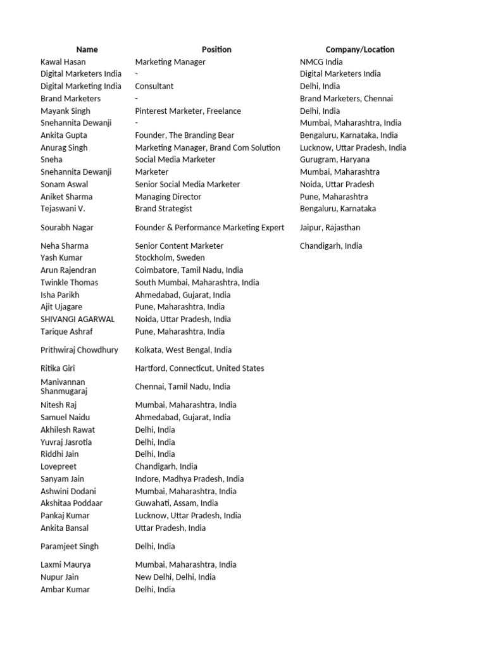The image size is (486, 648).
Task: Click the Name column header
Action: [x=87, y=49]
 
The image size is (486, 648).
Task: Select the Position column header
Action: [x=216, y=49]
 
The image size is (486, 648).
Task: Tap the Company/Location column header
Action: [x=359, y=49]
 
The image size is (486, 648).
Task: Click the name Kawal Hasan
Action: [x=63, y=62]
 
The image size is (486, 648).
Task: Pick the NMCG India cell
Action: [x=321, y=62]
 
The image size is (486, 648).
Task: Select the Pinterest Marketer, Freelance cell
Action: [x=188, y=111]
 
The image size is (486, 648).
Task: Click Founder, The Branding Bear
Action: [x=185, y=135]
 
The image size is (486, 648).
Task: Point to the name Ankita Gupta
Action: [x=64, y=135]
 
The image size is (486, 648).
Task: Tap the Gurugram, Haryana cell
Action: [x=335, y=159]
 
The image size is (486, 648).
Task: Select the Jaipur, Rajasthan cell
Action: [x=329, y=227]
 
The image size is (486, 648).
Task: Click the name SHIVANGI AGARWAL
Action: [x=77, y=320]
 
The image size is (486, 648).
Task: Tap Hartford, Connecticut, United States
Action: [x=199, y=368]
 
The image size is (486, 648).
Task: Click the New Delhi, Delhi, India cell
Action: [x=175, y=577]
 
